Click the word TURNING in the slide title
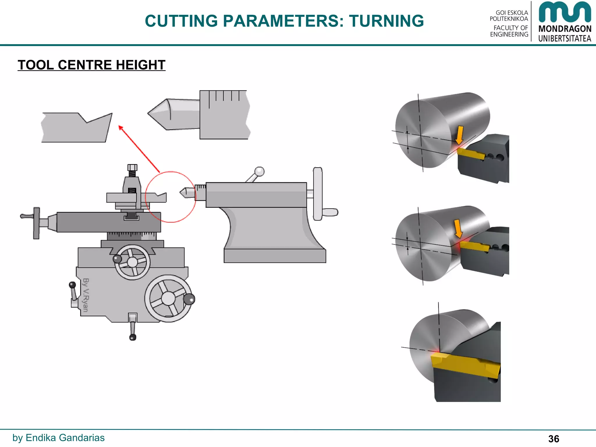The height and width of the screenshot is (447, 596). coord(386,21)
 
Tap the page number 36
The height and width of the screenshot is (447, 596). coord(554,439)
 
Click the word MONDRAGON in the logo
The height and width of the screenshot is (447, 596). coord(565,29)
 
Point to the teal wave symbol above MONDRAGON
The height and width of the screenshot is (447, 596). coord(565,12)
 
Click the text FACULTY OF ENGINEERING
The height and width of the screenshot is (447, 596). coord(509,31)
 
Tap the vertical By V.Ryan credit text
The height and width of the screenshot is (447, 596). coord(86,295)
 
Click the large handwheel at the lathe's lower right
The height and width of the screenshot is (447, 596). coord(168,298)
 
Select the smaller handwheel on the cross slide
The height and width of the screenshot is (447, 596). coord(132,262)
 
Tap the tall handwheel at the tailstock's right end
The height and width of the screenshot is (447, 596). coord(318,194)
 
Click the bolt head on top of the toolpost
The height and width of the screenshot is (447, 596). coord(132,167)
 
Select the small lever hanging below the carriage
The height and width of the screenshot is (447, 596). coord(133,327)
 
